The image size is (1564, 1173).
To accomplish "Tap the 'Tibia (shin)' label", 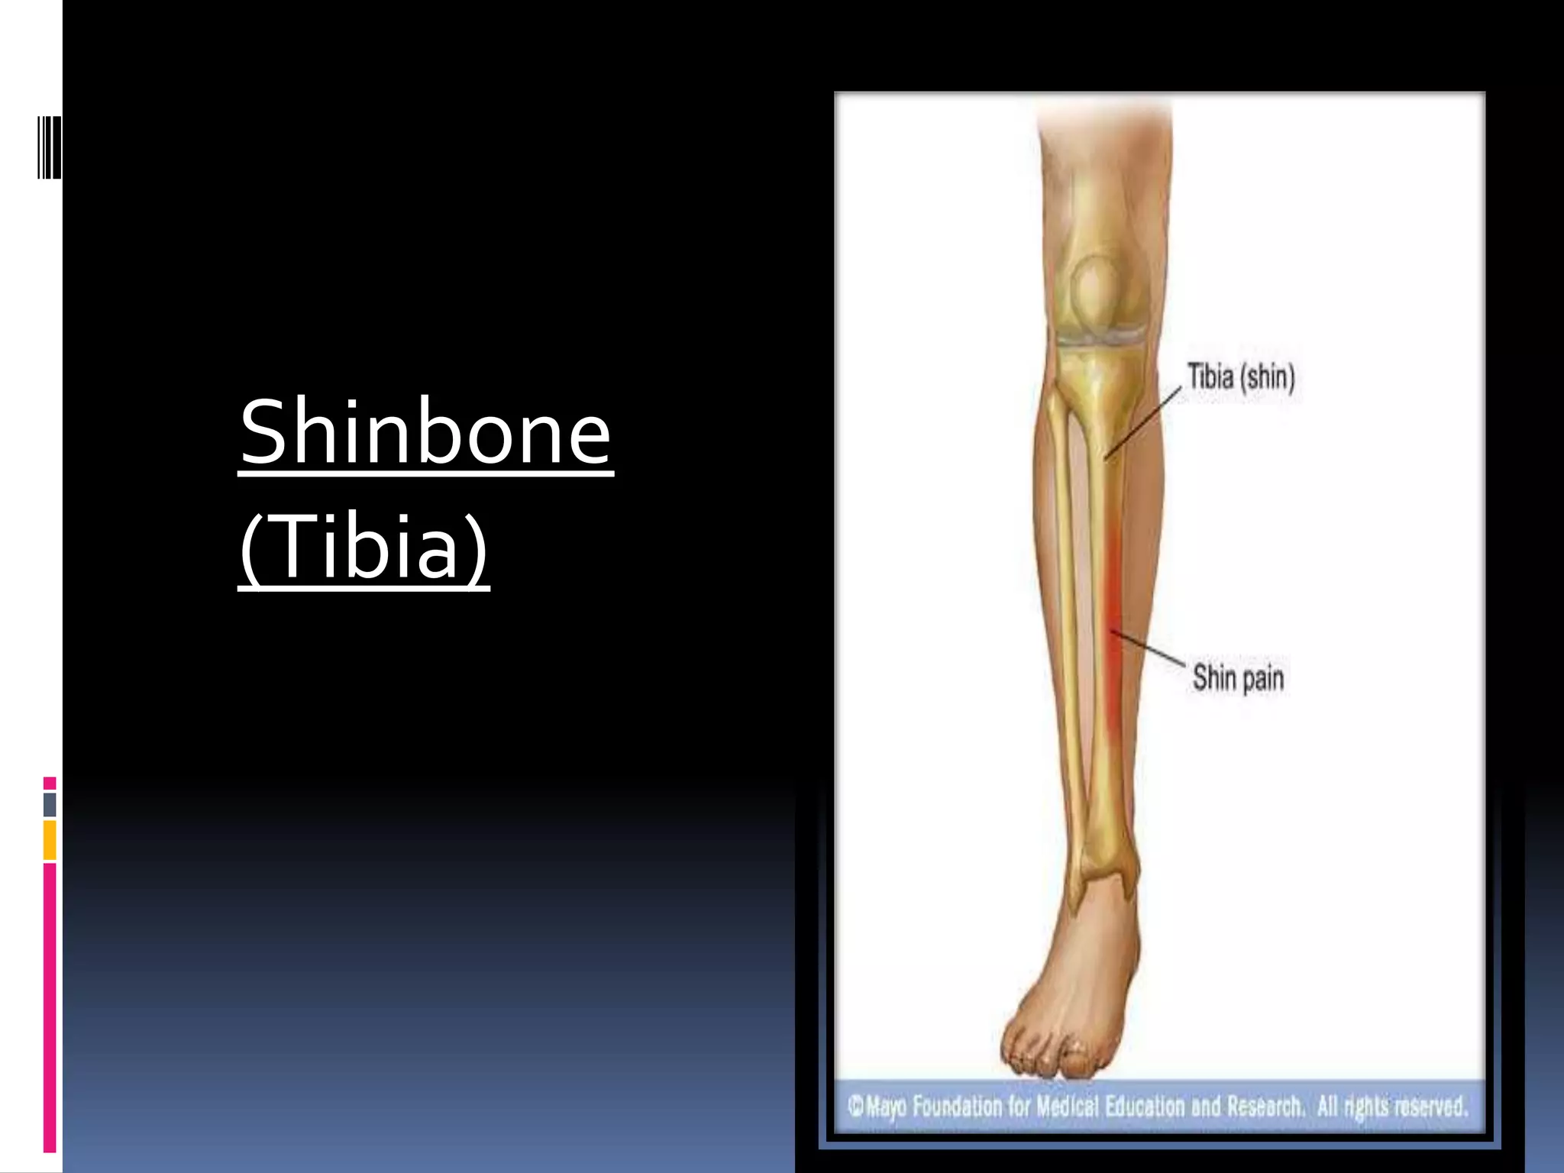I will pyautogui.click(x=1241, y=377).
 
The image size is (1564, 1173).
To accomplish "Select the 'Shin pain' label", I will pyautogui.click(x=1238, y=677).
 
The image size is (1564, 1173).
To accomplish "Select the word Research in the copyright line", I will pyautogui.click(x=1265, y=1107).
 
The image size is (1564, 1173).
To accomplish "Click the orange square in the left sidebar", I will pyautogui.click(x=50, y=840).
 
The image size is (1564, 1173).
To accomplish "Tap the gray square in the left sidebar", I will pyautogui.click(x=50, y=804).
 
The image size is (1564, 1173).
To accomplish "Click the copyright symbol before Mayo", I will pyautogui.click(x=855, y=1105).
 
